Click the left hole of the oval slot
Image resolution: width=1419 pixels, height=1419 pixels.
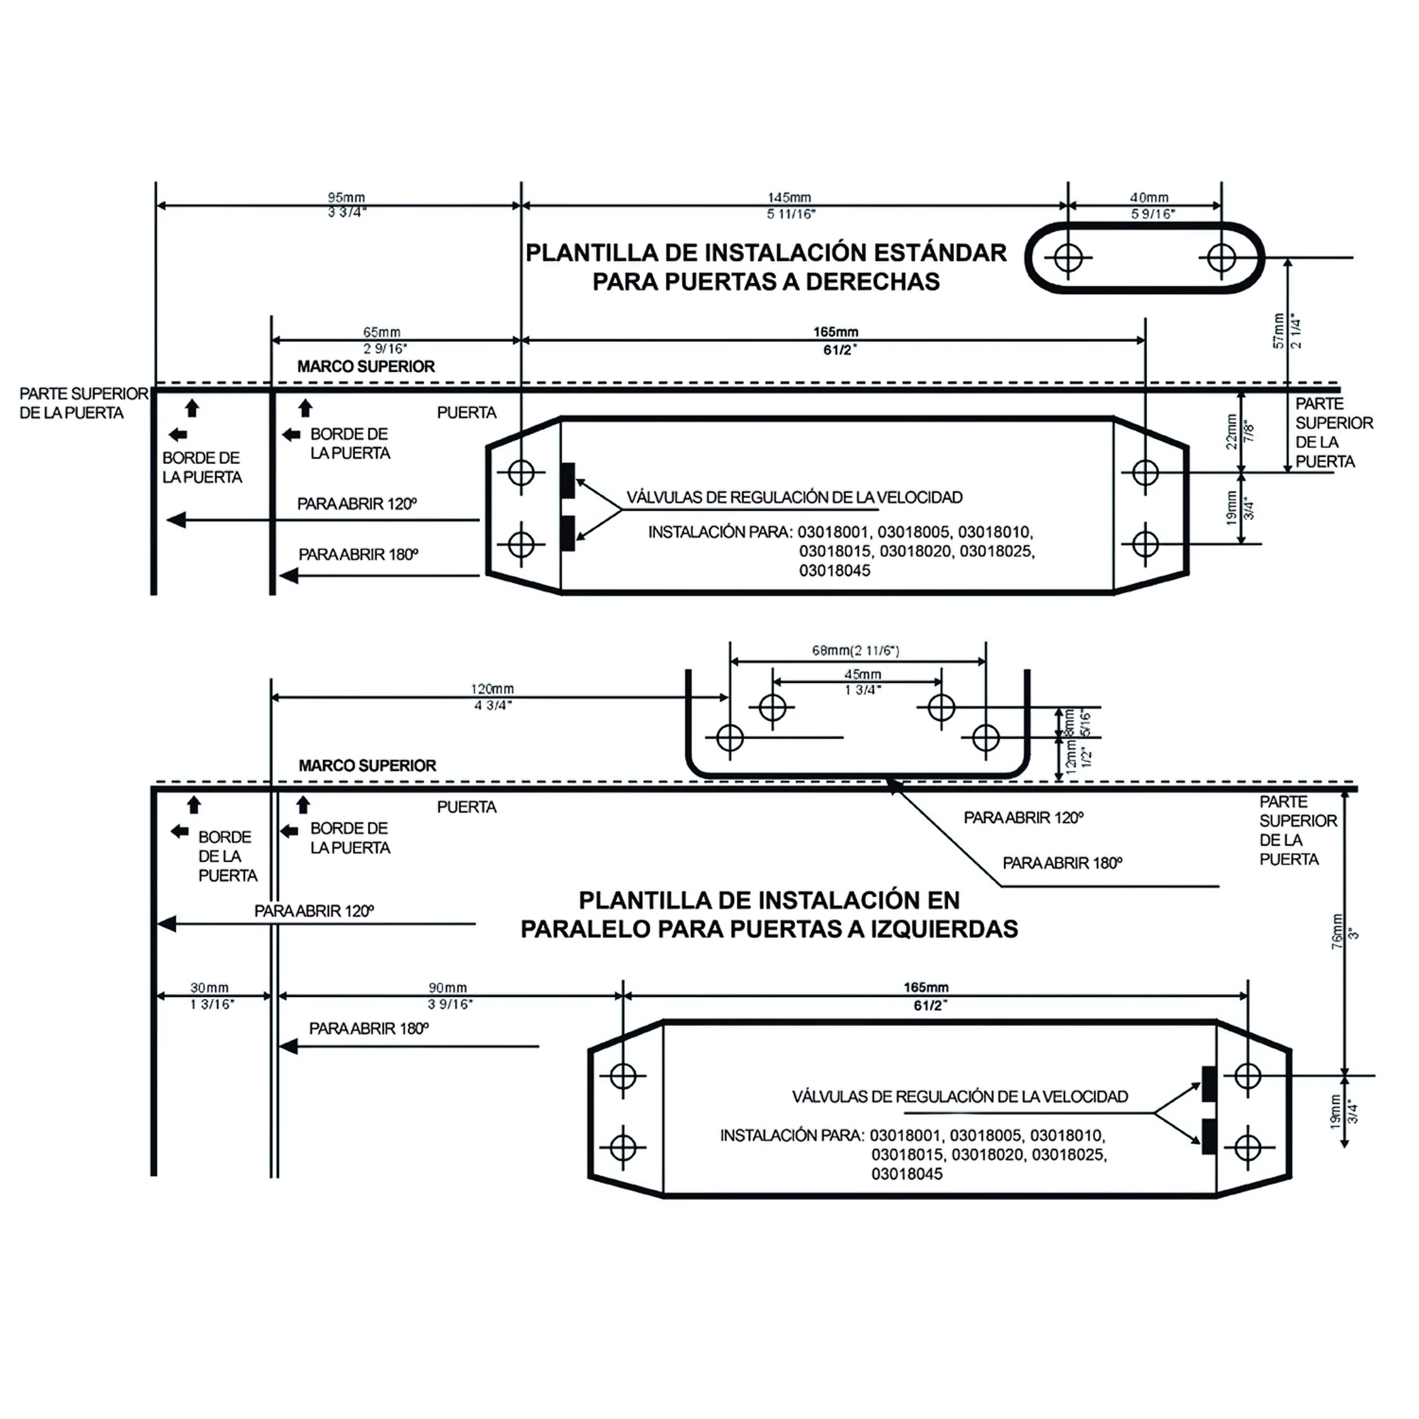[1068, 258]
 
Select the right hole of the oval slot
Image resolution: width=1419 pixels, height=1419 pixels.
[1221, 258]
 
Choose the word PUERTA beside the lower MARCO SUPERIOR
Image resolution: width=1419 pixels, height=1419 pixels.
[466, 807]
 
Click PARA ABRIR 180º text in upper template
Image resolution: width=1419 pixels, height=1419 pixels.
[358, 555]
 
